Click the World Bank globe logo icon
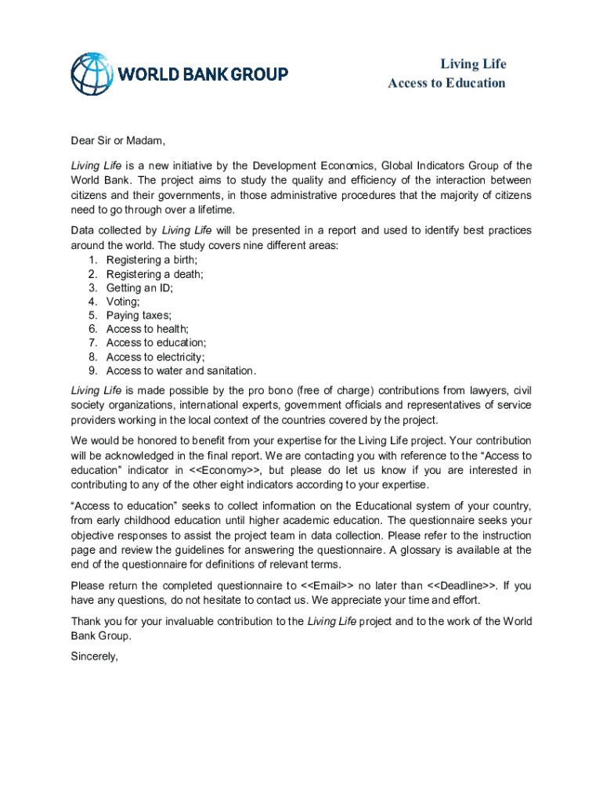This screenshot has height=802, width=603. [x=92, y=74]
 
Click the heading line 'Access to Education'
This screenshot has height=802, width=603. [x=446, y=83]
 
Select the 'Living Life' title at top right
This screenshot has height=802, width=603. [x=473, y=64]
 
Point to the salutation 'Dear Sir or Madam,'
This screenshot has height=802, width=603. [x=118, y=141]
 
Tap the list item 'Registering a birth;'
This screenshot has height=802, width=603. [x=152, y=259]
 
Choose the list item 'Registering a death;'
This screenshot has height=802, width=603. [x=154, y=273]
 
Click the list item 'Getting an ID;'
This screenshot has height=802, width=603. [x=139, y=287]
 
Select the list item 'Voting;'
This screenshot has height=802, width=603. [x=124, y=302]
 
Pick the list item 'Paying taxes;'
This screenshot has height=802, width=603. [x=139, y=316]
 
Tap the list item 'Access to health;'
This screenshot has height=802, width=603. [x=147, y=329]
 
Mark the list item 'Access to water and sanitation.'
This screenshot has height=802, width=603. [x=181, y=371]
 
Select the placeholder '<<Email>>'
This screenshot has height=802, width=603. [x=327, y=586]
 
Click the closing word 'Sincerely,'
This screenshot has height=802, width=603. [x=94, y=657]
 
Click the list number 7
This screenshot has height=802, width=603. [x=92, y=343]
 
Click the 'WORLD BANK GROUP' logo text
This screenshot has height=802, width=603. [x=203, y=74]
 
